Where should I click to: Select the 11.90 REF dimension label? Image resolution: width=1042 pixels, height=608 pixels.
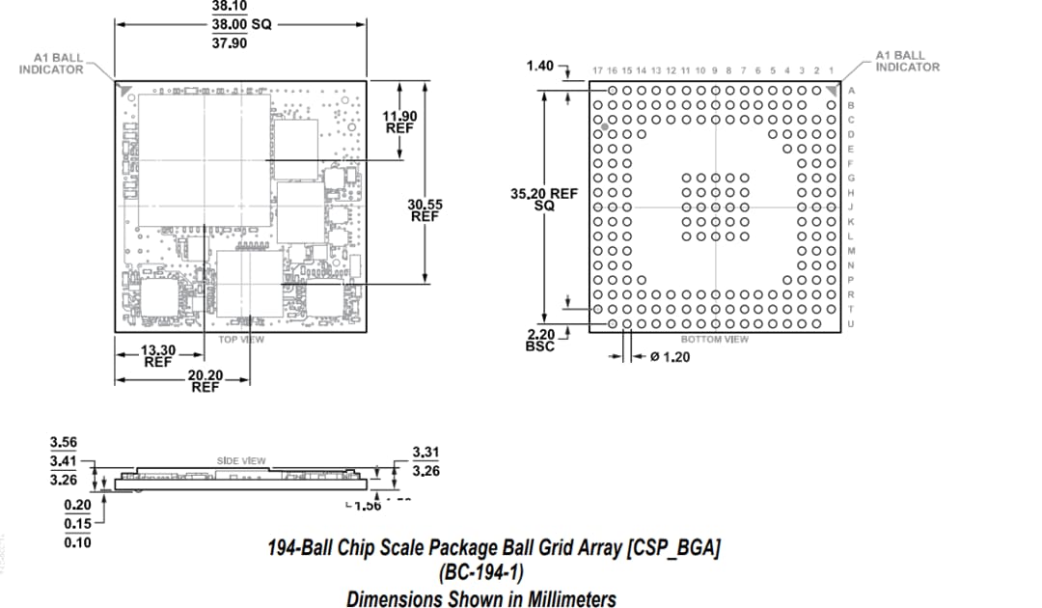pyautogui.click(x=400, y=123)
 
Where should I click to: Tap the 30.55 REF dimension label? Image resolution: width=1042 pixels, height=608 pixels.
pyautogui.click(x=425, y=210)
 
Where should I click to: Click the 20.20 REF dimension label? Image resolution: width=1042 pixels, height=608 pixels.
pyautogui.click(x=205, y=380)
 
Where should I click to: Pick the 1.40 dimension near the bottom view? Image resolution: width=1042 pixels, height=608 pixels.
pyautogui.click(x=540, y=66)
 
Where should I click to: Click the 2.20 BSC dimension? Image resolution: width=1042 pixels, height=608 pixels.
pyautogui.click(x=540, y=341)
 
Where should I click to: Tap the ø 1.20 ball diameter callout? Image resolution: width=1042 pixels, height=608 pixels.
pyautogui.click(x=671, y=357)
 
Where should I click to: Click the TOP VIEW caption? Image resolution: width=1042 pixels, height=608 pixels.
pyautogui.click(x=241, y=340)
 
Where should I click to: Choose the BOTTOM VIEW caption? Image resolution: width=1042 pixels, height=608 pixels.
pyautogui.click(x=714, y=340)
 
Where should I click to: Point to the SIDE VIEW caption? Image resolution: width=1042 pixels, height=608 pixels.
pyautogui.click(x=240, y=461)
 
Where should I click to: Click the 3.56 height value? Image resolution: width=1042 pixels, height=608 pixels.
pyautogui.click(x=64, y=443)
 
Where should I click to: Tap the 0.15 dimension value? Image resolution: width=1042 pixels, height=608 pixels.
pyautogui.click(x=77, y=524)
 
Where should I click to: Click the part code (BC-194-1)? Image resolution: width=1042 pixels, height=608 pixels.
pyautogui.click(x=480, y=573)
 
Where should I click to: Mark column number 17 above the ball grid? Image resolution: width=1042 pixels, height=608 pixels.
pyautogui.click(x=598, y=70)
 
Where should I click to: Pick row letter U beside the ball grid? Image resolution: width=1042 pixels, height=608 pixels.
pyautogui.click(x=850, y=323)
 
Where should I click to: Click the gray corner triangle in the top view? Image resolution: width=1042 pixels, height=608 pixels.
pyautogui.click(x=124, y=89)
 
